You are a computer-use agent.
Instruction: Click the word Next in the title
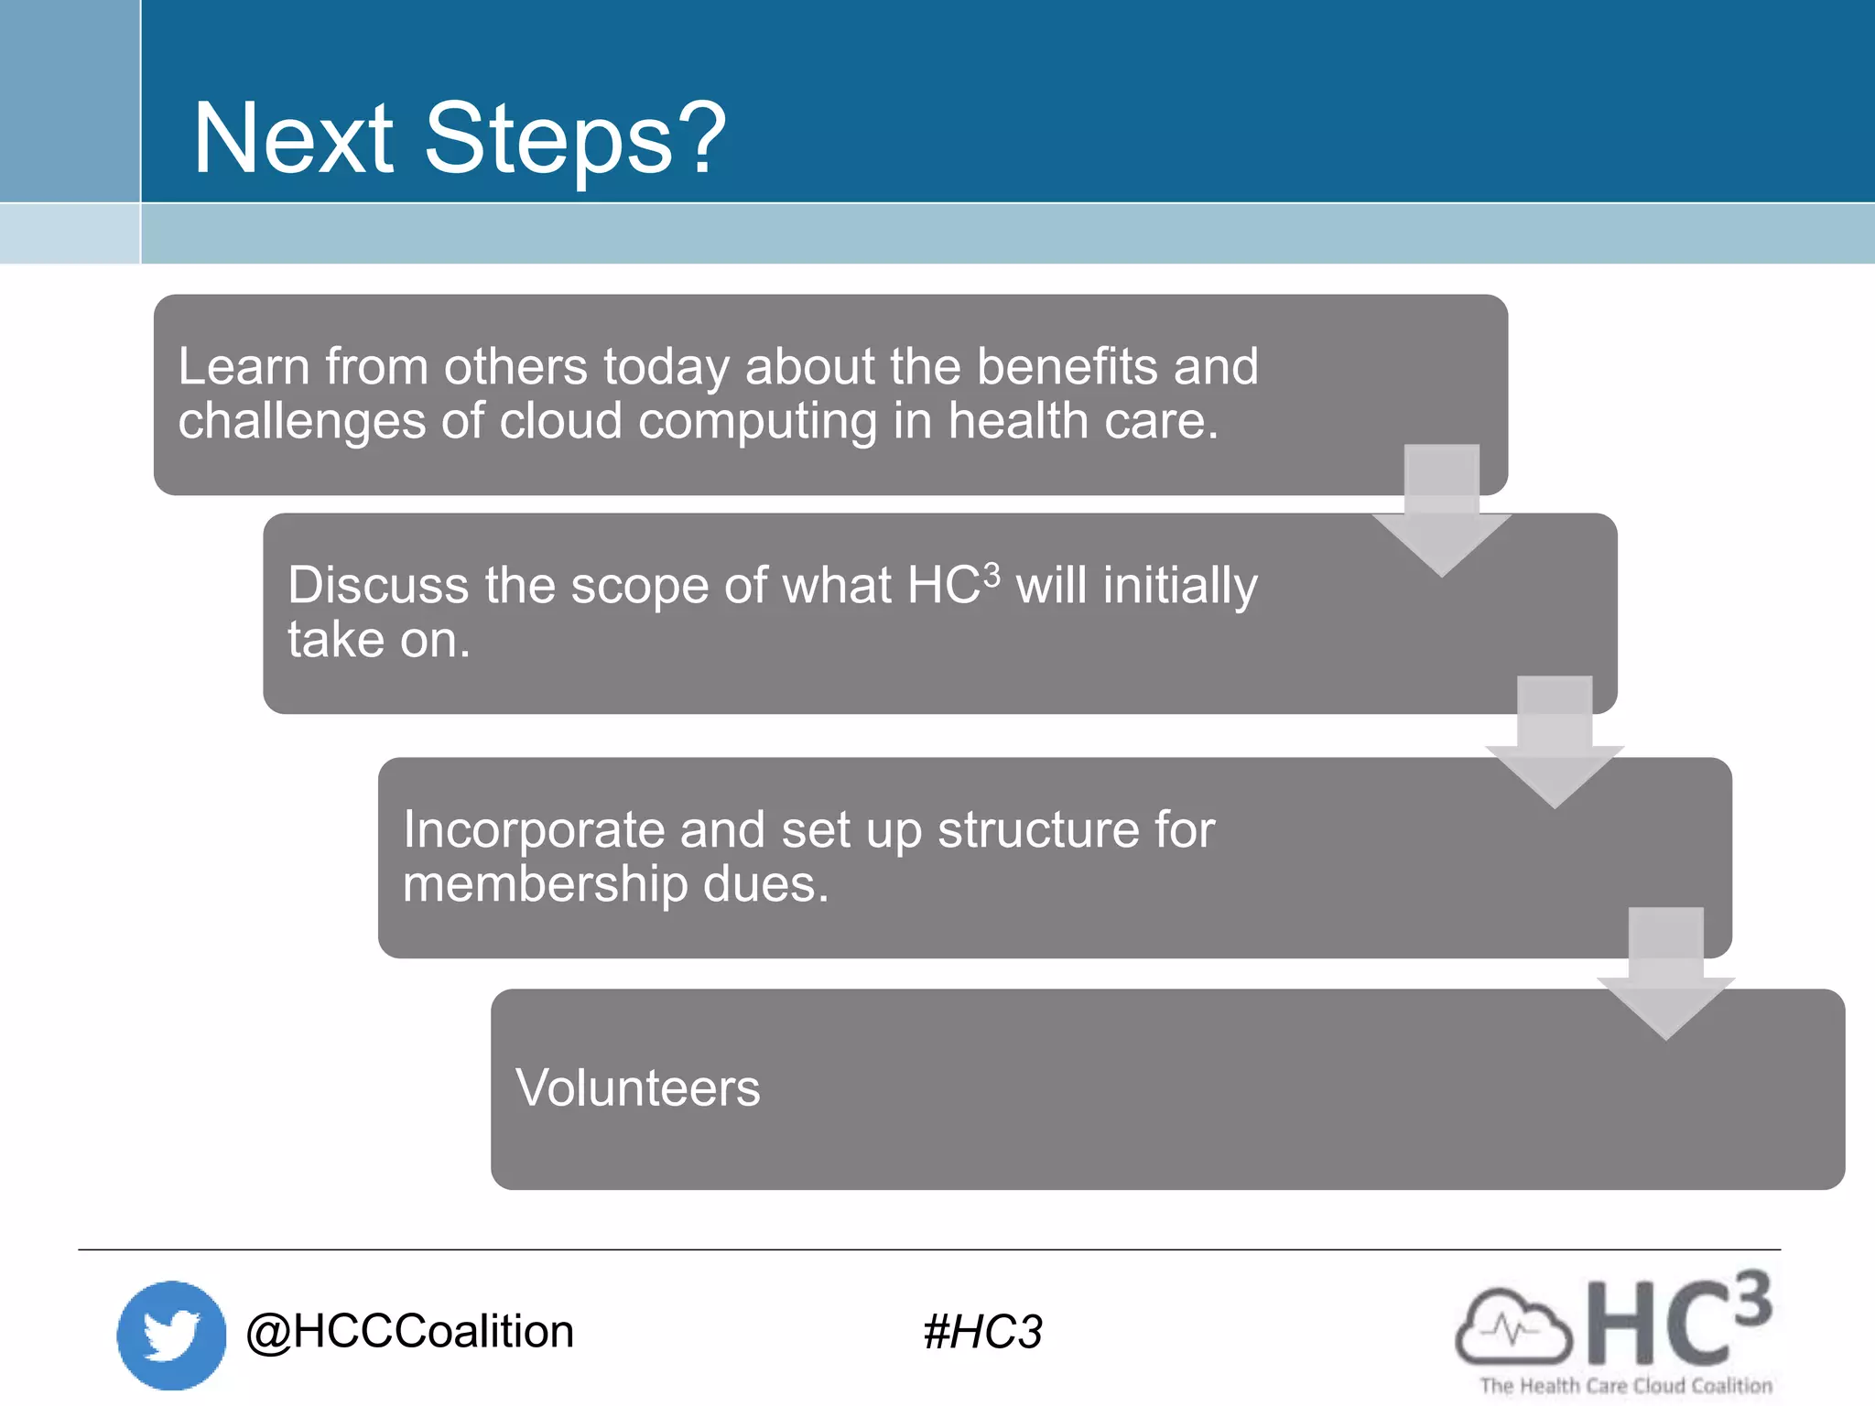[293, 139]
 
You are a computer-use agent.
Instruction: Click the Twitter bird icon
[171, 1335]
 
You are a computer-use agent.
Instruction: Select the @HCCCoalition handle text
[409, 1331]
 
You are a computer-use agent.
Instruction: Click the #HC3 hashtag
[982, 1332]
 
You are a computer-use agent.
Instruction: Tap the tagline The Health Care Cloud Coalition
[1626, 1386]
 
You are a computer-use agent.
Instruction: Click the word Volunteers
[637, 1087]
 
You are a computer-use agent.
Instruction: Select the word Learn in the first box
[244, 366]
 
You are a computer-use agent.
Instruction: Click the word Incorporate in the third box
[534, 829]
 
